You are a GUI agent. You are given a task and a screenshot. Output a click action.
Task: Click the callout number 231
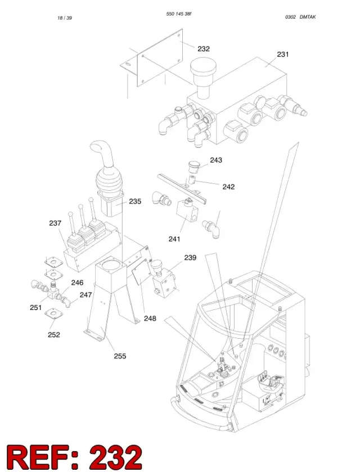(x=282, y=55)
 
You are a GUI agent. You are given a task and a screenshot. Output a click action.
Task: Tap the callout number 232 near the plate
(x=204, y=49)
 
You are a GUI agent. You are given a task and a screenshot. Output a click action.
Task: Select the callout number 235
(x=135, y=201)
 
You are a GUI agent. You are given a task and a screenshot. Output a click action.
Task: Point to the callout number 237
(x=55, y=223)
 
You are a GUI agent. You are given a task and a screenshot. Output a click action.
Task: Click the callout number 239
(x=190, y=258)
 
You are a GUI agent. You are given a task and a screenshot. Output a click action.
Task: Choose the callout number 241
(x=174, y=239)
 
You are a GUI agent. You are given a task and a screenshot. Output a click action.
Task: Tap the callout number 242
(x=228, y=187)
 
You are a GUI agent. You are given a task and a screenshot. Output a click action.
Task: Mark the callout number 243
(x=216, y=160)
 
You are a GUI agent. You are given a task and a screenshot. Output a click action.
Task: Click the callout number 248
(x=150, y=318)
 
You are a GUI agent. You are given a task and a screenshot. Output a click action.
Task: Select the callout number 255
(x=120, y=356)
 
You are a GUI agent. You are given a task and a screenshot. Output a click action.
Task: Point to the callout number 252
(x=54, y=335)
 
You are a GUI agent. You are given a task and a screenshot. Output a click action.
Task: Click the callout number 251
(x=35, y=308)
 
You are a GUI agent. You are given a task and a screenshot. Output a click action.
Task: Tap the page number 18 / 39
(x=65, y=18)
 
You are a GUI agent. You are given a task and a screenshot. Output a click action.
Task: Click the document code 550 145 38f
(x=178, y=14)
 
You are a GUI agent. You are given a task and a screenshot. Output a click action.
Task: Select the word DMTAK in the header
(x=308, y=17)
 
